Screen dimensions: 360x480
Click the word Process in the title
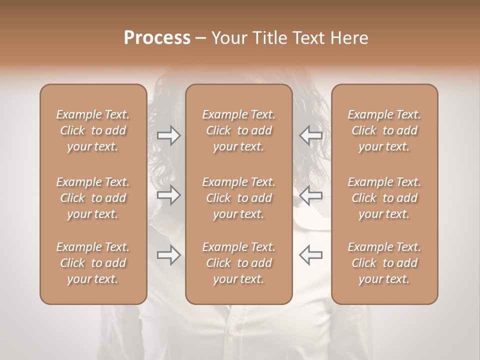[157, 38]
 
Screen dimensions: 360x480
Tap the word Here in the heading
[349, 38]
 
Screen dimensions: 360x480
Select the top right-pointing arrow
[168, 135]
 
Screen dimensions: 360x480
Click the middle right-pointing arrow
[168, 195]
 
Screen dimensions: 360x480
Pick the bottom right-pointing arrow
[168, 255]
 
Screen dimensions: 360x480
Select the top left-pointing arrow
[310, 135]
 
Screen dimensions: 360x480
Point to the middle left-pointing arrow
[310, 195]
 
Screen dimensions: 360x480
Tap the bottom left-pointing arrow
[310, 255]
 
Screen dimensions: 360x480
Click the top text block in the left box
[93, 130]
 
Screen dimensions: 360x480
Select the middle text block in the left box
[93, 198]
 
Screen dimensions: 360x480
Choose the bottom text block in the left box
[93, 263]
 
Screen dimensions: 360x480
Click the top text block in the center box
[238, 130]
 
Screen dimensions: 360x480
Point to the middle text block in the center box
[238, 198]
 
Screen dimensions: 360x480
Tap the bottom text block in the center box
[238, 263]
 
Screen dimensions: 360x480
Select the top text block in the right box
[384, 130]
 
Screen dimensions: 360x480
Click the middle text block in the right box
[384, 198]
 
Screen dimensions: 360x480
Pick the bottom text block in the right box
[384, 263]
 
